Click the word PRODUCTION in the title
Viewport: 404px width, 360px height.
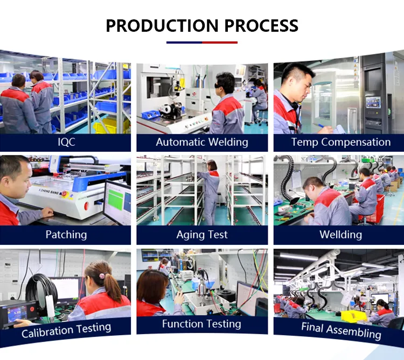click(162, 25)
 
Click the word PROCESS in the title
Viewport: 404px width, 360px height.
click(261, 25)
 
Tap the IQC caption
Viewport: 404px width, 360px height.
click(66, 142)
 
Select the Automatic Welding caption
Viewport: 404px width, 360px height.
click(202, 142)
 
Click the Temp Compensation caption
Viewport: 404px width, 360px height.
click(340, 142)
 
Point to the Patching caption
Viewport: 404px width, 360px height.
click(66, 235)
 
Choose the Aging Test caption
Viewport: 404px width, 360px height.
click(202, 235)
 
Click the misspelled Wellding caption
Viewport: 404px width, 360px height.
click(340, 235)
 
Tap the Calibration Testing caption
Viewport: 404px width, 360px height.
click(66, 330)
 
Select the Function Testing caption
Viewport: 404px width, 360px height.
click(202, 324)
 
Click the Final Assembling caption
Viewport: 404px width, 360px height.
click(341, 331)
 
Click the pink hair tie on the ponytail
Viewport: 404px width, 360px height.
click(102, 276)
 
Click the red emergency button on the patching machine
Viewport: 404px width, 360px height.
click(87, 206)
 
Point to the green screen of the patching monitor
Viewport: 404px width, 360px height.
click(115, 199)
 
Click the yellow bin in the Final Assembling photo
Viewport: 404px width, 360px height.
click(354, 316)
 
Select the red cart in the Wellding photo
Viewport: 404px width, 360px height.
click(374, 209)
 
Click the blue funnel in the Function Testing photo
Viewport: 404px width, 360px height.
click(210, 284)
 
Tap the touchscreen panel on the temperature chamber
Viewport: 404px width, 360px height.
click(373, 102)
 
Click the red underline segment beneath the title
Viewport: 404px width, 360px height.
click(220, 43)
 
